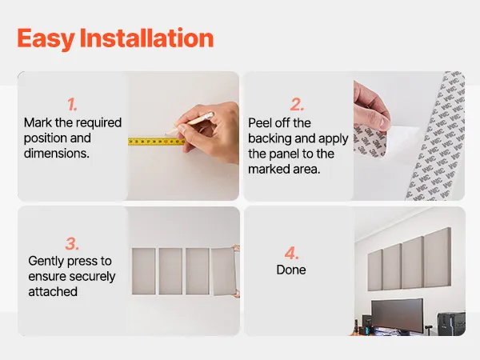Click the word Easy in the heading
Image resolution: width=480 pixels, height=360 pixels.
pyautogui.click(x=46, y=38)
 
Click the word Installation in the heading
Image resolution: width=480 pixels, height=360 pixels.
pyautogui.click(x=146, y=38)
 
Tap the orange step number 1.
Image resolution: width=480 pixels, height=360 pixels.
pyautogui.click(x=72, y=105)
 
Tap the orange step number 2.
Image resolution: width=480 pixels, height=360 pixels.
pyautogui.click(x=297, y=105)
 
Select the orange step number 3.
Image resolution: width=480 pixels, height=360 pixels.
pyautogui.click(x=72, y=244)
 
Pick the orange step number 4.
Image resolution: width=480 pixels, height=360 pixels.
pyautogui.click(x=291, y=253)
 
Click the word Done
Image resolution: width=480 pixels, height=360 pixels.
pyautogui.click(x=291, y=270)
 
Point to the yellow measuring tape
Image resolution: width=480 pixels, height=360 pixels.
pyautogui.click(x=157, y=142)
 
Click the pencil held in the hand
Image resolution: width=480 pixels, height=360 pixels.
pyautogui.click(x=190, y=123)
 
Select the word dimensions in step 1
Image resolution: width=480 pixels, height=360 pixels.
pyautogui.click(x=57, y=154)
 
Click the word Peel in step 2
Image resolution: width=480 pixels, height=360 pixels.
pyautogui.click(x=259, y=123)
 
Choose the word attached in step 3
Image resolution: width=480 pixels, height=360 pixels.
pyautogui.click(x=53, y=292)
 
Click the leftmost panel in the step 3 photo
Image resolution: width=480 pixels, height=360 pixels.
pyautogui.click(x=143, y=271)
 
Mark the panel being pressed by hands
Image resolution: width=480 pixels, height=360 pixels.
pyautogui.click(x=224, y=271)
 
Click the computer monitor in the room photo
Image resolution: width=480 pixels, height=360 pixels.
pyautogui.click(x=398, y=316)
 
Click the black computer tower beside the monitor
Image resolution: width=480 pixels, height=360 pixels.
pyautogui.click(x=451, y=324)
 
